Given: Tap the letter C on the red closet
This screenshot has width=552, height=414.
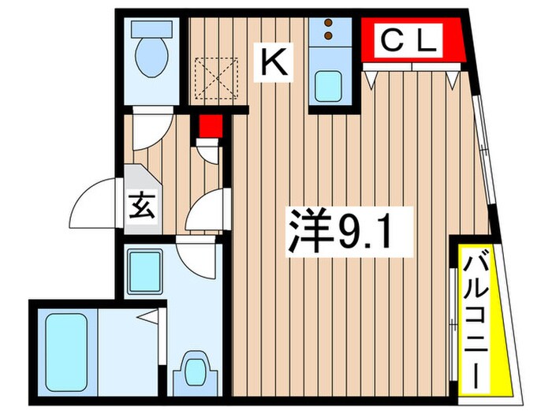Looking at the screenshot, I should coord(393,40).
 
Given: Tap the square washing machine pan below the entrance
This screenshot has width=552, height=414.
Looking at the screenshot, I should coord(144,269).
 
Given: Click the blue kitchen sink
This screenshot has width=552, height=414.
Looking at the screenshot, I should coord(328,85).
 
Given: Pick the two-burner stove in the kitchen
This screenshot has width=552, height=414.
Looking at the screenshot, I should coord(329,32).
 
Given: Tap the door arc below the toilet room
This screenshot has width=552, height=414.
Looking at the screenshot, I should coord(149,127).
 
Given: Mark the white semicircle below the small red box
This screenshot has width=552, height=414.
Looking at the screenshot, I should coord(207,151).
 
